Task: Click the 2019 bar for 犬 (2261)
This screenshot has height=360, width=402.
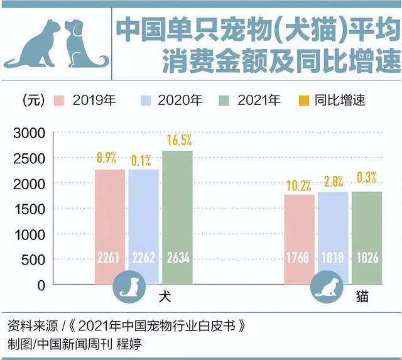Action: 110,226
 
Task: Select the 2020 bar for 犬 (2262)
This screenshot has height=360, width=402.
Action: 143,226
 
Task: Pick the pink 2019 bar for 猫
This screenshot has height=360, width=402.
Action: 299,239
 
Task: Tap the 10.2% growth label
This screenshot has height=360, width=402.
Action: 299,184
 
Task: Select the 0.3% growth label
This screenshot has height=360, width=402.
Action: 366,181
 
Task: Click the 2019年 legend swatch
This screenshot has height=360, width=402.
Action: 60,100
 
